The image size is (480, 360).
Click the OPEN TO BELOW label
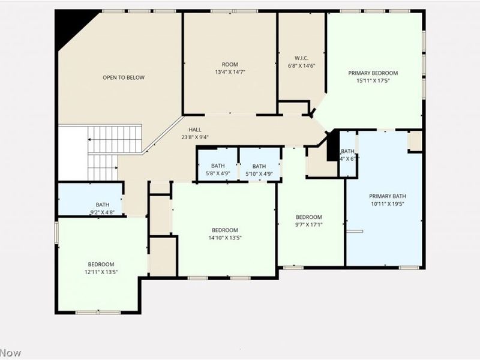[x=123, y=77]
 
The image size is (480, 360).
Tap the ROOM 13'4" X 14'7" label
[x=230, y=68]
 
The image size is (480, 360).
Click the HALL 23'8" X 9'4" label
[x=195, y=133]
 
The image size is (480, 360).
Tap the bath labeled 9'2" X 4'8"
[x=103, y=208]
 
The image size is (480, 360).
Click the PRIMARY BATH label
[x=388, y=200]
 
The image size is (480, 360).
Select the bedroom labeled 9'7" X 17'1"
[x=309, y=221]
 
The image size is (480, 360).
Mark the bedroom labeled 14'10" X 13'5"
[x=224, y=234]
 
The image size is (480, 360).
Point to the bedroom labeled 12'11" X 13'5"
[x=101, y=268]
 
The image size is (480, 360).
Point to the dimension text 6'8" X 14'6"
[x=301, y=66]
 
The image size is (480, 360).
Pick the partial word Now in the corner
[x=10, y=353]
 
